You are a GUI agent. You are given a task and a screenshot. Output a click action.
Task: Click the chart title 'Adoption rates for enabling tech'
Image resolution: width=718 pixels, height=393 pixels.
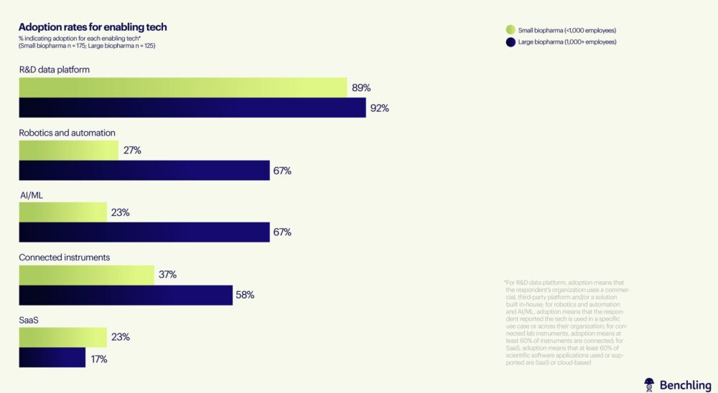[93, 27]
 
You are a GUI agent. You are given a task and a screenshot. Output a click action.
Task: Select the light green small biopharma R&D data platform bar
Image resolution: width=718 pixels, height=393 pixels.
[182, 87]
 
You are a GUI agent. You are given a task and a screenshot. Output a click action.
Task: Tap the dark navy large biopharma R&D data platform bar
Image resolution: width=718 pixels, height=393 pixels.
[192, 108]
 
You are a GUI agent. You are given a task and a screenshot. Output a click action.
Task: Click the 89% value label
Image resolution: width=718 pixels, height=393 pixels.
[361, 88]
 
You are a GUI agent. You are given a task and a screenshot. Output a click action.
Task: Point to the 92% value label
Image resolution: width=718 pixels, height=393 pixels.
[380, 108]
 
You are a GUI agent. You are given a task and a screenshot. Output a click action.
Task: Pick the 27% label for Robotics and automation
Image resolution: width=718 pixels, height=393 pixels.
[132, 151]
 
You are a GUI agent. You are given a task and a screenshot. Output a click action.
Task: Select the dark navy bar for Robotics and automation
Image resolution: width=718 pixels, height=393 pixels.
[144, 171]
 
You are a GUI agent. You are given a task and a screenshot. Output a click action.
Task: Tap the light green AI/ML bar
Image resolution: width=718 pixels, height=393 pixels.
[62, 212]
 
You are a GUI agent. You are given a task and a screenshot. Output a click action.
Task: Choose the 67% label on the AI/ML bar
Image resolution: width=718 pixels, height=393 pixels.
[282, 232]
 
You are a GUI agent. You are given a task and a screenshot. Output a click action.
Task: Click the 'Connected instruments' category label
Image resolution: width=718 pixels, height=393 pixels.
[64, 257]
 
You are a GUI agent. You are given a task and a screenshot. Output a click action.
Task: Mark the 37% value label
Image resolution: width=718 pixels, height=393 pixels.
[167, 275]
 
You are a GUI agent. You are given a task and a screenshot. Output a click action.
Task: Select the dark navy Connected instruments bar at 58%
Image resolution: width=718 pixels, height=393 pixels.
[126, 295]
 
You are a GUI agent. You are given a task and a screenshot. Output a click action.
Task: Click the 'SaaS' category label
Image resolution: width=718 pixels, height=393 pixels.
[29, 319]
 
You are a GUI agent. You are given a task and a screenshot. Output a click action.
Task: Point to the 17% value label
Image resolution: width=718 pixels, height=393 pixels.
[98, 358]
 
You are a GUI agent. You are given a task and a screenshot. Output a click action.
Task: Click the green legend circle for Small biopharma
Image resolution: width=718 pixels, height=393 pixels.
[510, 30]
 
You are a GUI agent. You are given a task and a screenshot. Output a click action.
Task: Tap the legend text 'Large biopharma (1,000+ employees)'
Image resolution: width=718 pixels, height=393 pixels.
[567, 42]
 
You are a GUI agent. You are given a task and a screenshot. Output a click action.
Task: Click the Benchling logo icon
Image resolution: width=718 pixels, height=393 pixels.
[649, 384]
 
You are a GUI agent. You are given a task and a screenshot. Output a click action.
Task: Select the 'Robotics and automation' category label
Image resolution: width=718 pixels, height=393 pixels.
[67, 133]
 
